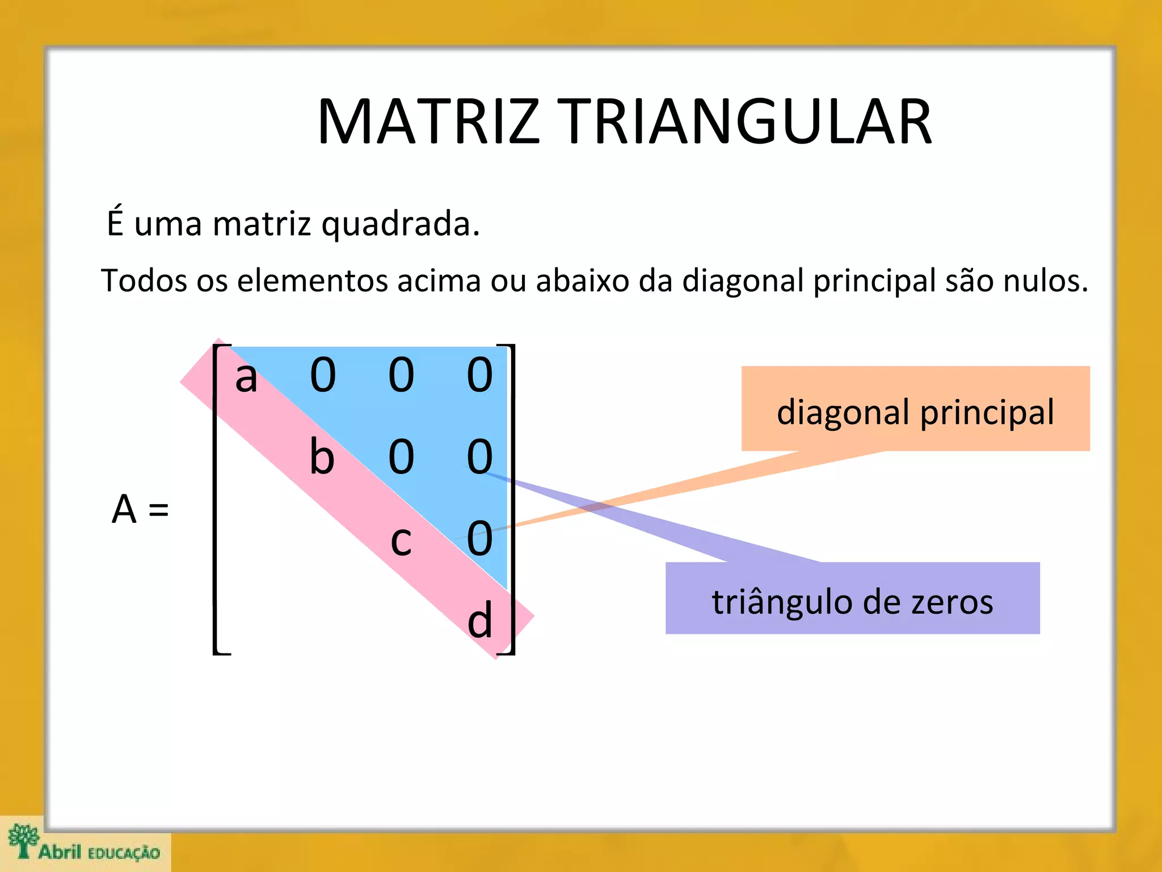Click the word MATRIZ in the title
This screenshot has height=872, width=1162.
click(x=428, y=122)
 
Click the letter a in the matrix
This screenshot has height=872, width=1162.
click(x=246, y=377)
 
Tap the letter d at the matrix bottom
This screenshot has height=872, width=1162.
click(x=480, y=621)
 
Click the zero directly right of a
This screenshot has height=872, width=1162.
click(x=323, y=375)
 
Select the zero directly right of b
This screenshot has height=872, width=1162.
click(x=401, y=457)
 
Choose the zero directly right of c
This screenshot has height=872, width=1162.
click(x=480, y=538)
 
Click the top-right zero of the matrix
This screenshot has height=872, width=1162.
click(x=480, y=375)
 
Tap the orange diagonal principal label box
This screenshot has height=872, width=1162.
click(x=915, y=409)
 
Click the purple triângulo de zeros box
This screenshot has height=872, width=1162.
click(x=852, y=598)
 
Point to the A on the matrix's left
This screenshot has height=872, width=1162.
click(x=124, y=509)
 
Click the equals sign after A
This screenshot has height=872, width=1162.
click(x=159, y=510)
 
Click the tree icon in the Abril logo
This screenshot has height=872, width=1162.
click(x=23, y=840)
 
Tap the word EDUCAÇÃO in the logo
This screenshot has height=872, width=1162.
click(x=124, y=853)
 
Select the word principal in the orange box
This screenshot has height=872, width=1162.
click(x=987, y=413)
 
